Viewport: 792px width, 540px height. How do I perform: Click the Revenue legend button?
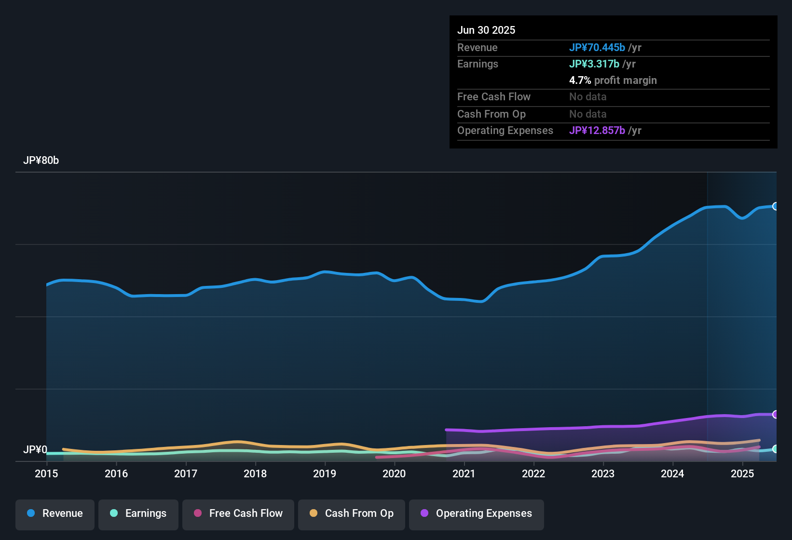pos(55,513)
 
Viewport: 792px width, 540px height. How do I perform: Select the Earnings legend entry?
pos(138,513)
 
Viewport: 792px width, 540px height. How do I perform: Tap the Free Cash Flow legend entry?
pos(238,513)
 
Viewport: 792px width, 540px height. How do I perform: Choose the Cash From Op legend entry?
pos(352,513)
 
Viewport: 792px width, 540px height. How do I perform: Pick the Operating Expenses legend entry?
pos(477,513)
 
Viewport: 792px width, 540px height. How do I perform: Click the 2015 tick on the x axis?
pos(46,473)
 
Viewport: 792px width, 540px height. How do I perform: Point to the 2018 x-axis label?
pos(255,473)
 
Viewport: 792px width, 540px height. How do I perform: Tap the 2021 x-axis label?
pos(464,473)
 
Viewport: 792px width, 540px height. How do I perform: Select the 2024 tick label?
pos(672,473)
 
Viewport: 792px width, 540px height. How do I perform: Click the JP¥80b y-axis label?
pos(41,161)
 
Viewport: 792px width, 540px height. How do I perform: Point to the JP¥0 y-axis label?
pos(35,450)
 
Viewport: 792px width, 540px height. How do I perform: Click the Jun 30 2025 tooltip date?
pos(486,30)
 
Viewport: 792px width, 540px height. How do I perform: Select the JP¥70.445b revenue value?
pos(597,48)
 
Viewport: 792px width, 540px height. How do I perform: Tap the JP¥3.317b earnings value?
pos(594,64)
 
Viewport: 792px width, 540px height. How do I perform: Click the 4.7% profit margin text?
pos(613,81)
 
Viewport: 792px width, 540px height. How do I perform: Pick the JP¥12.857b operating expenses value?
pos(597,131)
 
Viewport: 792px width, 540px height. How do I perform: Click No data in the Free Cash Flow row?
pos(588,97)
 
